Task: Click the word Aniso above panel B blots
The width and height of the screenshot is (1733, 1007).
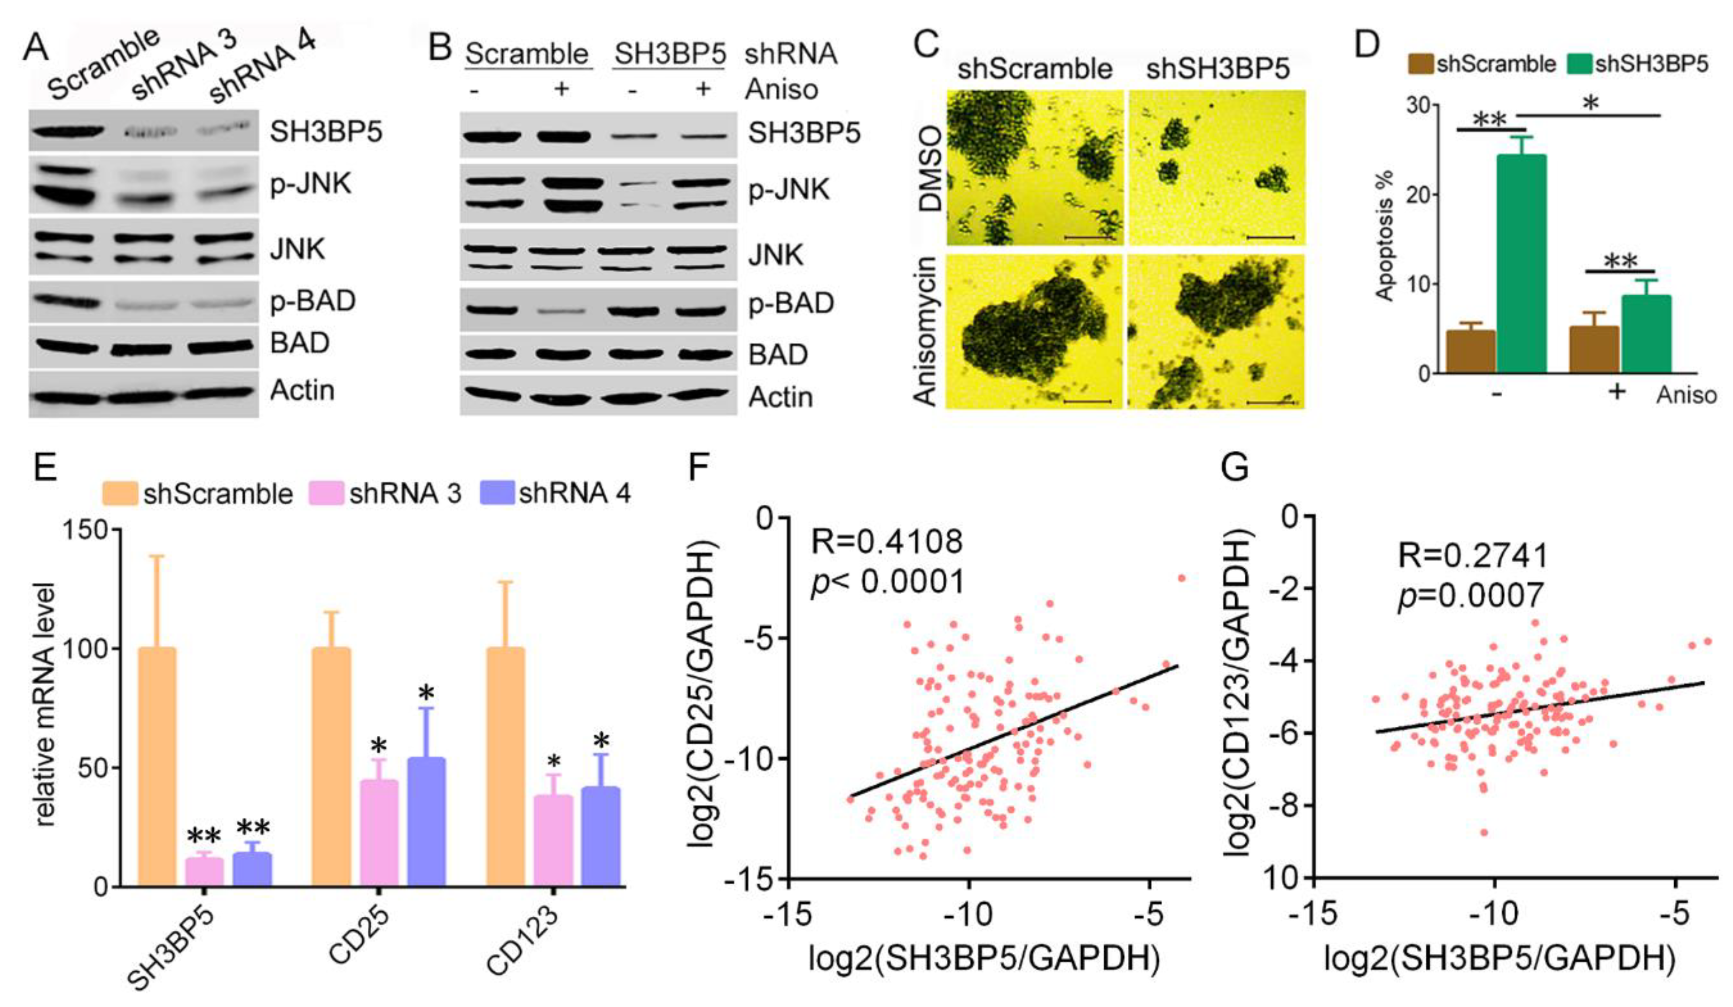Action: pos(782,89)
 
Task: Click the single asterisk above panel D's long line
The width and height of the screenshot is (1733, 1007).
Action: pos(1591,104)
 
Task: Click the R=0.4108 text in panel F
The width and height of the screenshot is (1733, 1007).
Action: pos(887,542)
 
